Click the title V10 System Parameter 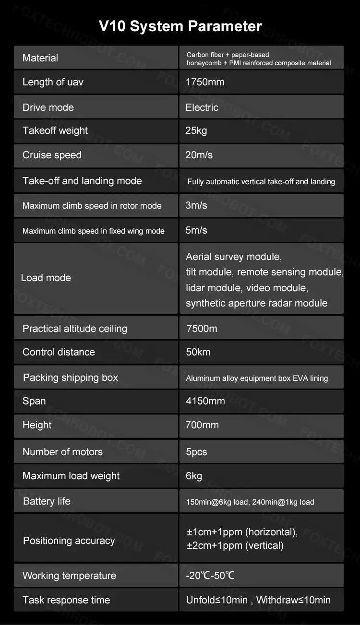pos(180,26)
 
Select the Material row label pos(40,58)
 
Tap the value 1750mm pos(205,82)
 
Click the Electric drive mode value pos(202,107)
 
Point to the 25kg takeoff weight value pos(196,130)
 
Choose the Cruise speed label pos(52,155)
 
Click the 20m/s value pos(199,155)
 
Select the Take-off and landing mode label pos(82,181)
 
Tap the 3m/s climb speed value pos(196,205)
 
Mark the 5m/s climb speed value pos(196,230)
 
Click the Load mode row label pos(46,278)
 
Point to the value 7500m pos(202,329)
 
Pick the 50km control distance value pos(198,352)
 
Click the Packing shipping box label pos(71,377)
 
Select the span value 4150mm pos(205,401)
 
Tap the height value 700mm pos(202,425)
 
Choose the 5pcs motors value pos(196,452)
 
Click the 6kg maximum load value pos(194,476)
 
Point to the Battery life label pos(47,501)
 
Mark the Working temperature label pos(69,576)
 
